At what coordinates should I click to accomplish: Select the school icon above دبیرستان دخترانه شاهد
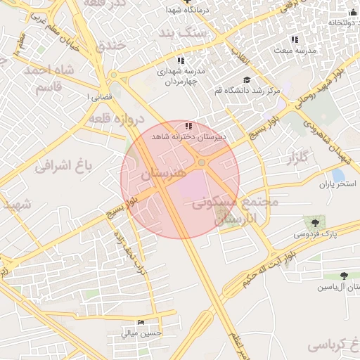188,125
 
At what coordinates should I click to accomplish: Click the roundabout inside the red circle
202,163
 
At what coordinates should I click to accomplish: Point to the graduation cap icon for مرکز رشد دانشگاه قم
246,80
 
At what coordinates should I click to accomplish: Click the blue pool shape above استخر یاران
338,174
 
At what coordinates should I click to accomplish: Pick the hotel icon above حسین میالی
141,323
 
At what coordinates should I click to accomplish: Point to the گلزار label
298,160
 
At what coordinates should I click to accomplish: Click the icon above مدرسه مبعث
295,39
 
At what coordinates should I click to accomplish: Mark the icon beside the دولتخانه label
353,12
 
